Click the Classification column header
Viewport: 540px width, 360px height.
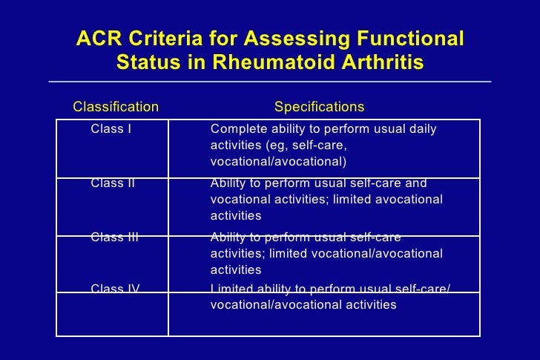pyautogui.click(x=116, y=107)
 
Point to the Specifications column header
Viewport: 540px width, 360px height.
pyautogui.click(x=319, y=107)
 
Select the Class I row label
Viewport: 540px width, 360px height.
pyautogui.click(x=111, y=129)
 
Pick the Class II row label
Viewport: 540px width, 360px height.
pyautogui.click(x=113, y=183)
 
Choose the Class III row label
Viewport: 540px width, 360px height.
pyautogui.click(x=115, y=238)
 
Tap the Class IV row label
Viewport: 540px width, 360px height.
pyautogui.click(x=115, y=288)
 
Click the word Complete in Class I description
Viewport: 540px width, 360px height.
pyautogui.click(x=237, y=129)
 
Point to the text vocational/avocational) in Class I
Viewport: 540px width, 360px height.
pyautogui.click(x=279, y=162)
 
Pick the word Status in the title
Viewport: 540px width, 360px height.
pyautogui.click(x=148, y=63)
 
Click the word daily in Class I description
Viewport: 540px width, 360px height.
pyautogui.click(x=422, y=129)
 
